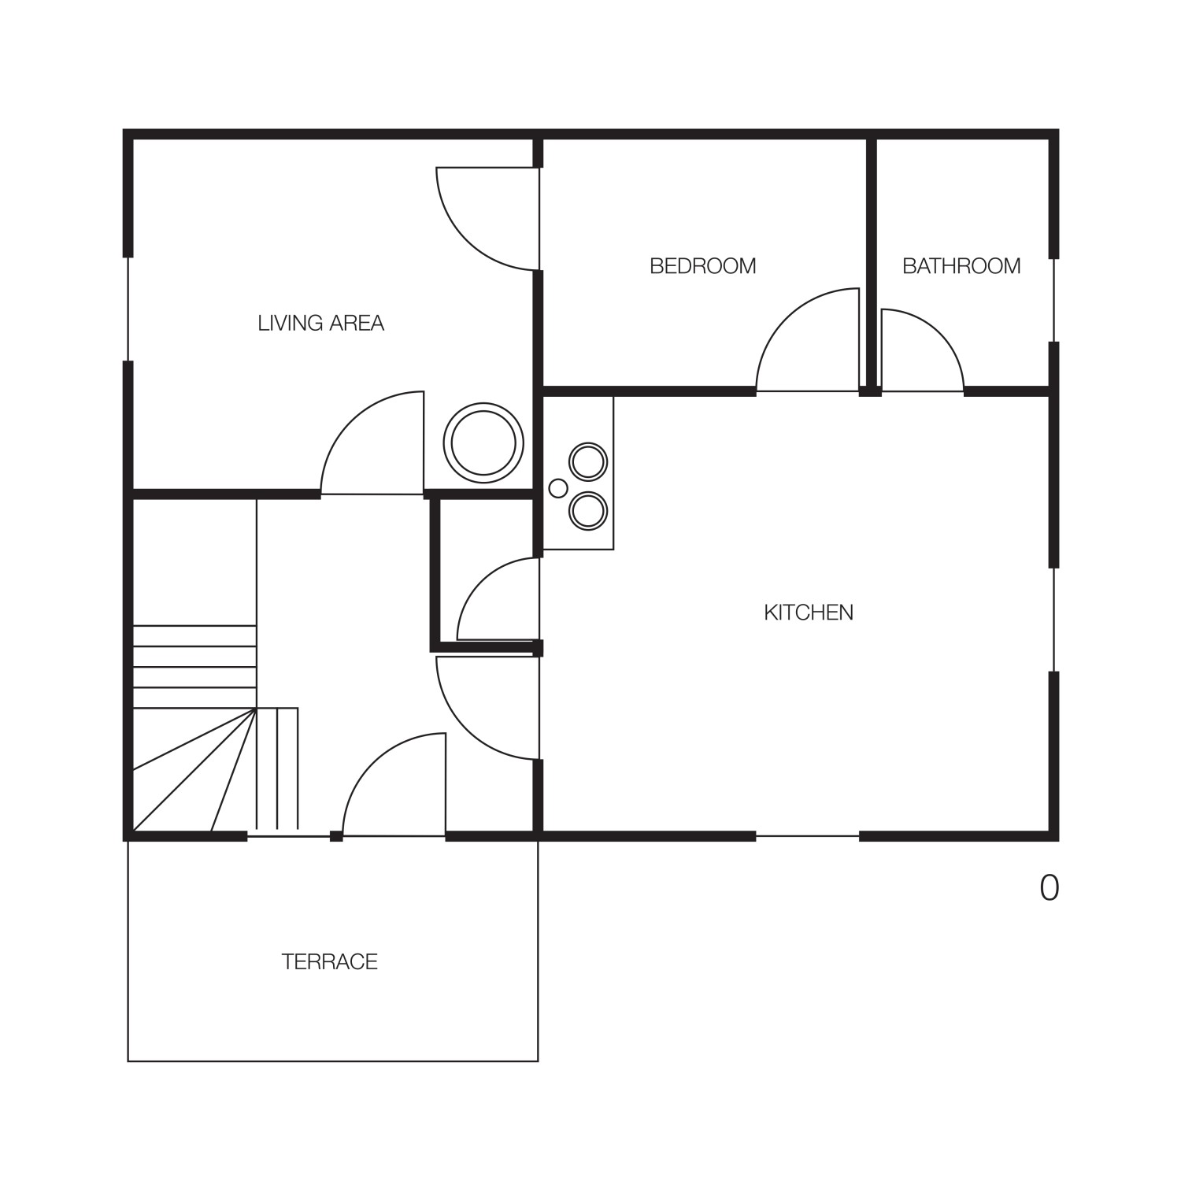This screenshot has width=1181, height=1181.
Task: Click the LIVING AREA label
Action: click(320, 323)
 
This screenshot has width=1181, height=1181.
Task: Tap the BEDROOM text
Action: click(702, 266)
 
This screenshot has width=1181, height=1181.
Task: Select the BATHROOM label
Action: click(961, 266)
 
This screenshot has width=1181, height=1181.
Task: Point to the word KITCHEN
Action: click(809, 613)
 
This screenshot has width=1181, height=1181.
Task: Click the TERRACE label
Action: click(330, 961)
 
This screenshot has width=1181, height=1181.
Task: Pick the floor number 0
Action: click(1050, 888)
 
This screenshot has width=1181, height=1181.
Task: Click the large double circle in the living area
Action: click(483, 442)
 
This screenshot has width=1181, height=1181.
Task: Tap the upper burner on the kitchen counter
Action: click(588, 461)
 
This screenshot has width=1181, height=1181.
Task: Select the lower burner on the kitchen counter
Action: click(588, 511)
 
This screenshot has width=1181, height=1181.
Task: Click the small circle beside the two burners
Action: click(558, 488)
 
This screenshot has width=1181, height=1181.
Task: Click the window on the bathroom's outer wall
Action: click(1053, 300)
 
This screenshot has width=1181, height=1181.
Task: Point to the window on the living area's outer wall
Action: click(128, 309)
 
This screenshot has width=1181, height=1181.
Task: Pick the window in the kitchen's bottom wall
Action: click(808, 835)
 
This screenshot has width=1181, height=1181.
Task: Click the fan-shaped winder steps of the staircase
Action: click(194, 770)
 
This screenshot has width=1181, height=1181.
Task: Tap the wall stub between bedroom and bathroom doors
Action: click(870, 391)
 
